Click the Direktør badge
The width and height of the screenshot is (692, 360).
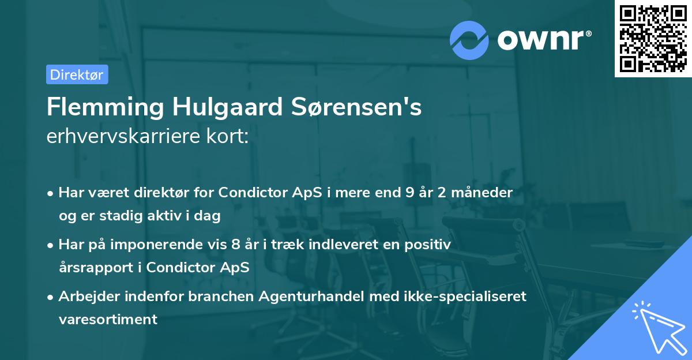(x=77, y=74)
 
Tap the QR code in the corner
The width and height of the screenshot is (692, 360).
(x=653, y=38)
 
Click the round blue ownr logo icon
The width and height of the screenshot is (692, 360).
(x=469, y=40)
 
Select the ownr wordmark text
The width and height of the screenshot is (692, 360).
(x=544, y=39)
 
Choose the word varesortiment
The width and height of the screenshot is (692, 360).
(x=108, y=320)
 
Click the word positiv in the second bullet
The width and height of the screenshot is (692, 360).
(x=429, y=245)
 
